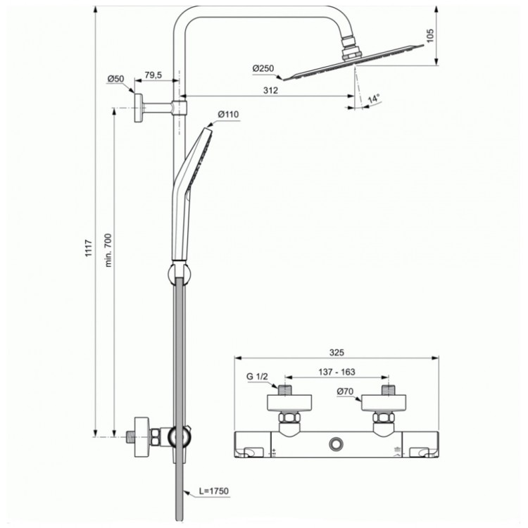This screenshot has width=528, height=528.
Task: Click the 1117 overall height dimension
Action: [89, 247]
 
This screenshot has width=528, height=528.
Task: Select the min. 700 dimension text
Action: [108, 249]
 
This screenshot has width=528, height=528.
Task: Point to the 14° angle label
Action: [373, 99]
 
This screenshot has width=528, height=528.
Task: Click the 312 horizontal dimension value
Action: [271, 90]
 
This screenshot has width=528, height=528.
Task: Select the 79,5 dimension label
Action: [153, 75]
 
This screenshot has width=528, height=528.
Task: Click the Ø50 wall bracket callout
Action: [115, 79]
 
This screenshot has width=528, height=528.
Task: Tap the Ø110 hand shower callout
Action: [229, 114]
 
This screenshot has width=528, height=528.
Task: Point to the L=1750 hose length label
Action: [212, 490]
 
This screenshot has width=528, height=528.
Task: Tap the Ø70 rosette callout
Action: [345, 391]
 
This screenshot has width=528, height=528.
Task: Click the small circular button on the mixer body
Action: [336, 444]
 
